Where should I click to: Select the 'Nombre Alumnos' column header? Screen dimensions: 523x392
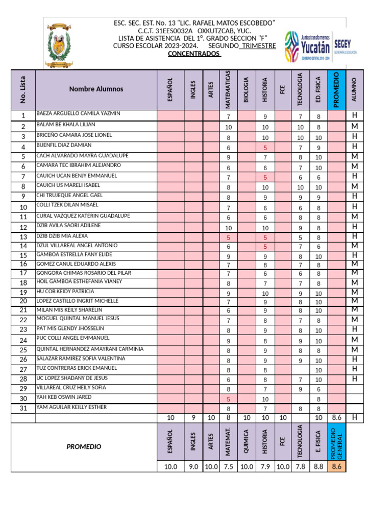(x=96, y=89)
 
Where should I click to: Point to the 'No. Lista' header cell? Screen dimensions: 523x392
(x=23, y=89)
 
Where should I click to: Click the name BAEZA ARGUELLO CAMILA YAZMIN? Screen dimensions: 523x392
(x=78, y=113)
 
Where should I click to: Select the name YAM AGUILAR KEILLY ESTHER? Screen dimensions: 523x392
(x=71, y=407)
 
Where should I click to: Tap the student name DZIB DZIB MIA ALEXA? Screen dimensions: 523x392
(x=62, y=236)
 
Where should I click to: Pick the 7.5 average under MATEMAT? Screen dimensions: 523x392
(x=229, y=466)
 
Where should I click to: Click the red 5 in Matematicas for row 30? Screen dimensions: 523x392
(x=229, y=399)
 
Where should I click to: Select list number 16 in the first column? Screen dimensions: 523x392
(x=23, y=264)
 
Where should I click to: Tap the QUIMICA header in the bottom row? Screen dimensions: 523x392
(x=247, y=442)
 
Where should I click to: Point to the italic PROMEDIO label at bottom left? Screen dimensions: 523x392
(x=84, y=446)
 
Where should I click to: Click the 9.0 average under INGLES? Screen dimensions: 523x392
(x=193, y=466)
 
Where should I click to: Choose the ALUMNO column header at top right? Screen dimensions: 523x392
(x=355, y=89)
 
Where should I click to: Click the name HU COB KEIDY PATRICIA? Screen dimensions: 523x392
(x=65, y=292)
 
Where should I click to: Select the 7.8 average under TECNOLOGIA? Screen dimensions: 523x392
(x=301, y=466)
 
